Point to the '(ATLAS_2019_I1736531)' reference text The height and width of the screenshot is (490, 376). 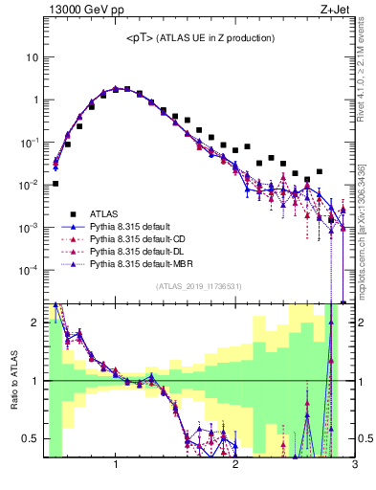(199, 286)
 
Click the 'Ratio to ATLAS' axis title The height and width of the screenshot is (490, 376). (12, 380)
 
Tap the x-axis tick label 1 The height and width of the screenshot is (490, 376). (116, 466)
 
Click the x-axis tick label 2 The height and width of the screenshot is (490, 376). (235, 466)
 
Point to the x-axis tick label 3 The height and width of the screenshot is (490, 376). (354, 466)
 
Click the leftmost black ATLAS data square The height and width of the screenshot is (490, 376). (55, 183)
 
